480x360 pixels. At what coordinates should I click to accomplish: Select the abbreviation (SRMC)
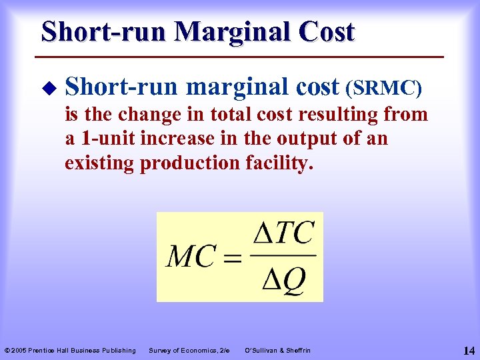(x=383, y=87)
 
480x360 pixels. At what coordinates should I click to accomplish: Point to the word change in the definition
(x=146, y=115)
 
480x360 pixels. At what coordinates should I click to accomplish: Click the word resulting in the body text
(x=335, y=115)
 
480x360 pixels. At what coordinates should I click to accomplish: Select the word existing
(x=99, y=163)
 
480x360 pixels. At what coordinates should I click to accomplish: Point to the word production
(x=188, y=163)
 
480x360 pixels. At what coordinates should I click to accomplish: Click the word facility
(x=276, y=163)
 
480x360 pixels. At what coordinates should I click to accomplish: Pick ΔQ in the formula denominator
(x=284, y=281)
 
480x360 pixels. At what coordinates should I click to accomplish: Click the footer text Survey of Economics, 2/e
(x=189, y=350)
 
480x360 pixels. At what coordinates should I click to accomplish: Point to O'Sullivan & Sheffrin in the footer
(x=278, y=350)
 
